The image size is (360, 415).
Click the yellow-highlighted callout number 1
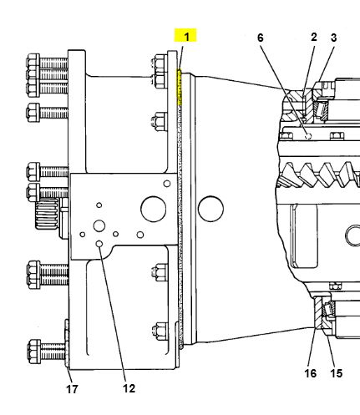(x=186, y=37)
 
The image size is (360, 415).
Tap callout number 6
(x=260, y=38)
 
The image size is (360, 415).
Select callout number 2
(x=314, y=37)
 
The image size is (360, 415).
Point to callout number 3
(x=333, y=38)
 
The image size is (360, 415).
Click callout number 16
(x=311, y=373)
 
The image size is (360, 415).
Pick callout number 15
(x=336, y=373)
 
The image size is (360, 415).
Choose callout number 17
(x=72, y=389)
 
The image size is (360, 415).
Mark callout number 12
(x=129, y=388)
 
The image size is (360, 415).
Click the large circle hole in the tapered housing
(x=210, y=209)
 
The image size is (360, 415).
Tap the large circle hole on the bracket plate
(x=154, y=209)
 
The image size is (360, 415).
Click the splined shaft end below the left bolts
(x=48, y=214)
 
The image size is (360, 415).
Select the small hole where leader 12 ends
(x=99, y=244)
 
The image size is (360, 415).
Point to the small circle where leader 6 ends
(x=308, y=136)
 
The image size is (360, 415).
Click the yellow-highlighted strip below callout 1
(x=180, y=87)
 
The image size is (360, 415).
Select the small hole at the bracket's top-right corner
(x=167, y=184)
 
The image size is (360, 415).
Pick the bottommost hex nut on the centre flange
(x=160, y=331)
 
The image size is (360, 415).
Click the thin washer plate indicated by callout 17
(x=67, y=344)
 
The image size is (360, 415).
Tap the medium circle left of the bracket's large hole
(x=99, y=225)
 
